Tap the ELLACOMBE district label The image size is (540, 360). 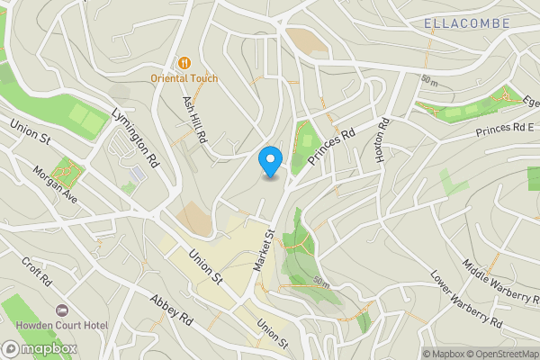point(465,22)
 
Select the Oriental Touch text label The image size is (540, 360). point(184,78)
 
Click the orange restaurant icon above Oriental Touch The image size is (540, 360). point(184,62)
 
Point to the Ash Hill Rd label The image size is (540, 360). point(195,121)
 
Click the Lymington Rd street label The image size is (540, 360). point(135,139)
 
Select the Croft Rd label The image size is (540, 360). point(38,270)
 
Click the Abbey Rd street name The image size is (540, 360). point(172,309)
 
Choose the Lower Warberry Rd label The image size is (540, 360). point(464,301)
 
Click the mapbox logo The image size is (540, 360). point(39,348)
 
